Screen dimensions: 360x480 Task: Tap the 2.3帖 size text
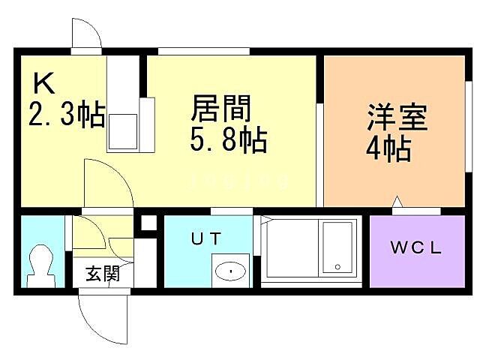[66, 114]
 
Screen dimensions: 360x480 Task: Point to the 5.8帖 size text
[229, 140]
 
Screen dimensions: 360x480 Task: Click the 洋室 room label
[397, 118]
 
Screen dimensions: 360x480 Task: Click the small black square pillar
[148, 223]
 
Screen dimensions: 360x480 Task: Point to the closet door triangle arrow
[397, 201]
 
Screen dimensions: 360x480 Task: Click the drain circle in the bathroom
[337, 266]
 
